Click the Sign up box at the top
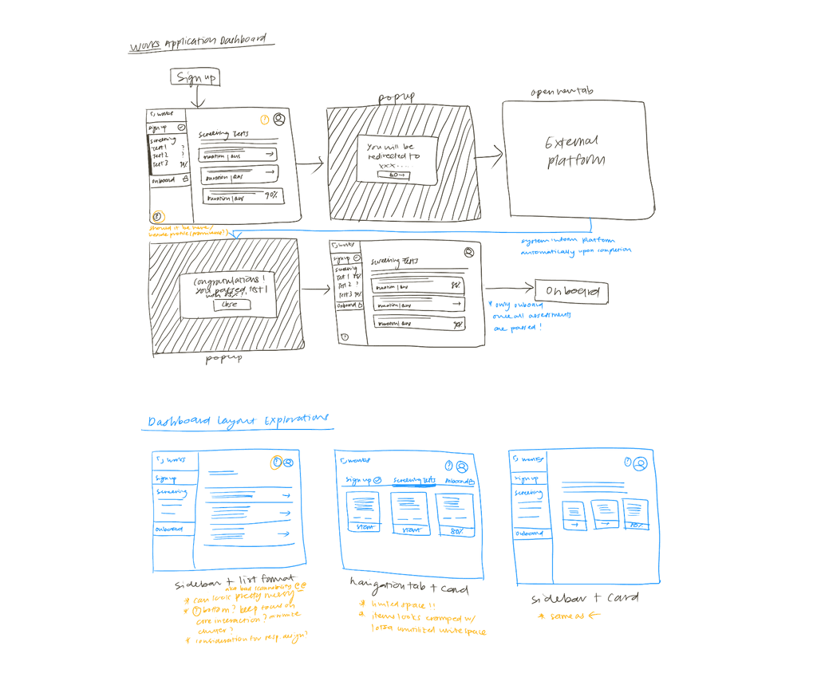(x=195, y=77)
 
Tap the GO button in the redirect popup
(x=393, y=175)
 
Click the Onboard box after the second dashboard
(x=571, y=292)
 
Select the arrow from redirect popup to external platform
(x=488, y=157)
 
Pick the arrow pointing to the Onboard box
(x=511, y=289)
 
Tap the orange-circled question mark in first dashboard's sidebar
(x=158, y=216)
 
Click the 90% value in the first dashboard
(x=271, y=195)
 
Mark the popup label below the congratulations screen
(x=224, y=359)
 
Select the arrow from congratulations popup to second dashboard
(x=317, y=291)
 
